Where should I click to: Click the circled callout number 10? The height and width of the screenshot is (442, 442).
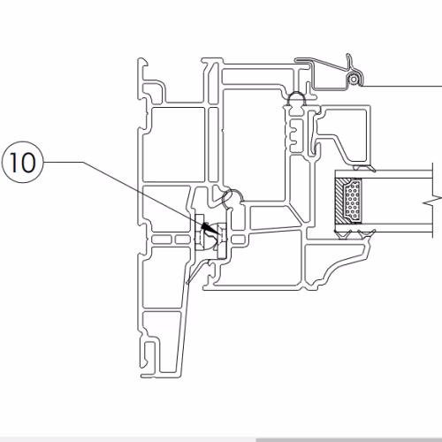(x=22, y=163)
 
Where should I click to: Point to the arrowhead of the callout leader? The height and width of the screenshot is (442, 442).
(x=206, y=227)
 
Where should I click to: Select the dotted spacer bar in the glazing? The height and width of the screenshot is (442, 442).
(x=353, y=200)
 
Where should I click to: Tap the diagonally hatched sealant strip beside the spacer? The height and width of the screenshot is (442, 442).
(x=339, y=201)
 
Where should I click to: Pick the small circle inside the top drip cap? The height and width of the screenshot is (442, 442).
(x=353, y=79)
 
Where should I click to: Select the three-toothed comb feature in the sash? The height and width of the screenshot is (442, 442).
(x=295, y=134)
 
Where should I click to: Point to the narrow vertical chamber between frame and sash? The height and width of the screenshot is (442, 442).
(x=213, y=144)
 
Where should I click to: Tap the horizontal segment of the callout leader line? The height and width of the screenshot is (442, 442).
(x=63, y=162)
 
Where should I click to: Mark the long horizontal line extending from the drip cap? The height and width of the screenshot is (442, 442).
(x=401, y=86)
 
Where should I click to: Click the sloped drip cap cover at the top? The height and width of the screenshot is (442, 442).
(x=329, y=73)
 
